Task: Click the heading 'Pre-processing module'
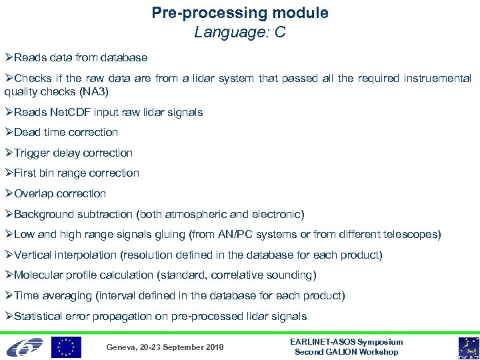[x=240, y=13]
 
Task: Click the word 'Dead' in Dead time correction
[x=28, y=132]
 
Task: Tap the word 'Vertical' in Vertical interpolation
[x=33, y=255]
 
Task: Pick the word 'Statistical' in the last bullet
[x=39, y=317]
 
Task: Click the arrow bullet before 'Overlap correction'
[x=9, y=194]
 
